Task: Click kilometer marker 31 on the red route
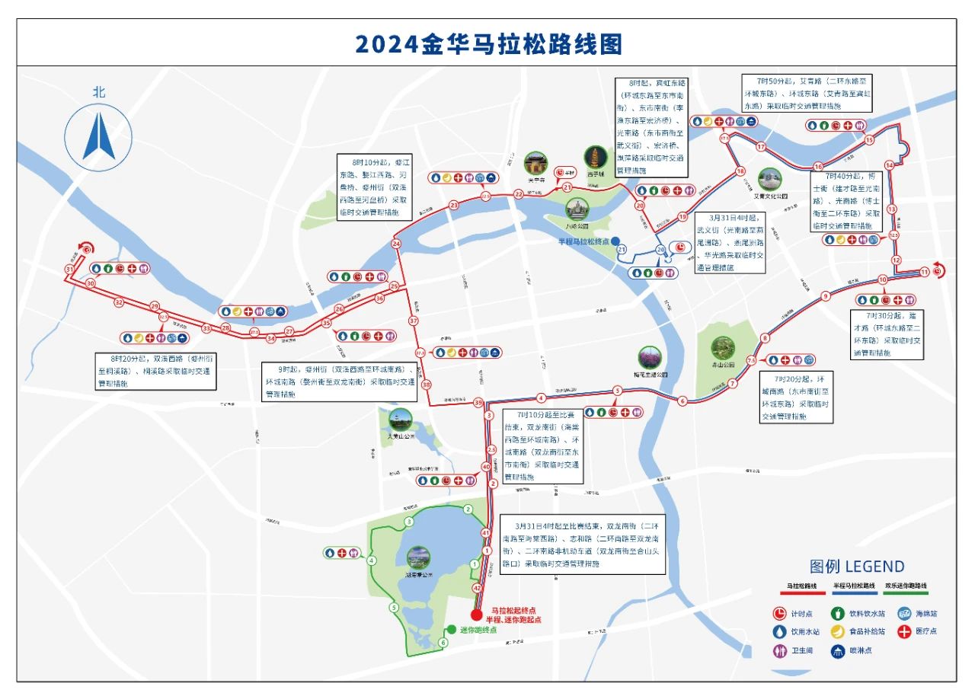click(x=69, y=270)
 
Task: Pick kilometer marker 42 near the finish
click(x=478, y=588)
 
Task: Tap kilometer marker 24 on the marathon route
click(x=396, y=244)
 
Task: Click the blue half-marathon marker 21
click(x=622, y=250)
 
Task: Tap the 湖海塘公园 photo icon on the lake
click(x=419, y=557)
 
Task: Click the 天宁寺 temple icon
click(x=535, y=163)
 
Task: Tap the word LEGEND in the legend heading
click(x=874, y=567)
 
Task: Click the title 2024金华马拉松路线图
click(x=487, y=43)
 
